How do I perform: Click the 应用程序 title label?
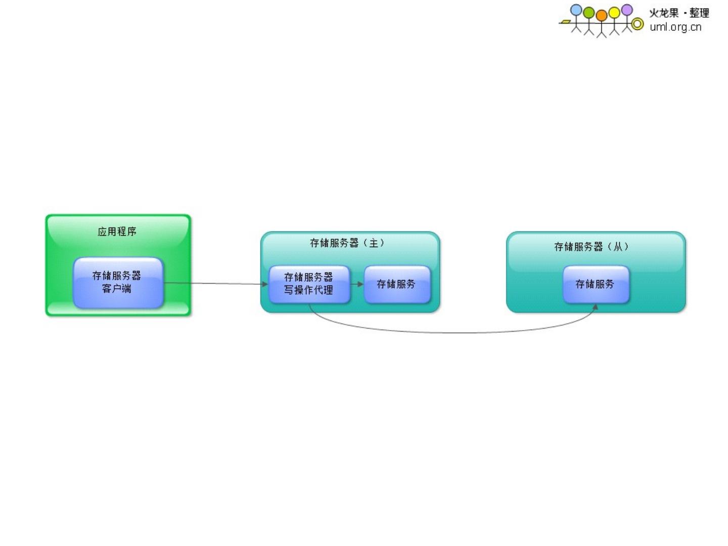click(117, 232)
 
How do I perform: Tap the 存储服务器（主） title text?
click(347, 243)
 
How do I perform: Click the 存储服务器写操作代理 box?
click(308, 284)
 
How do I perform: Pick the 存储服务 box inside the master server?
click(396, 284)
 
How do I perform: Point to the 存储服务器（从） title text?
click(591, 247)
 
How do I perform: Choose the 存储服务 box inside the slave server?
click(595, 284)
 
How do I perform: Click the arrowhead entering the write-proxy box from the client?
click(265, 284)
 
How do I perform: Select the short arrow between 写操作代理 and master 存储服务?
click(357, 284)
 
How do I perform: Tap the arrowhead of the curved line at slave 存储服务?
click(596, 306)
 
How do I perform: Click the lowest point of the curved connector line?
click(455, 333)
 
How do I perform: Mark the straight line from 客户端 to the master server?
click(212, 284)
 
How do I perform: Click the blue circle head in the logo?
click(576, 10)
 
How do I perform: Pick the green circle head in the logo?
click(589, 12)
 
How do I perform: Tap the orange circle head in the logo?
click(602, 15)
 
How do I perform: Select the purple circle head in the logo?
click(627, 10)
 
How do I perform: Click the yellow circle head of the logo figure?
click(614, 12)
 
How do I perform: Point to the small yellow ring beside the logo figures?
click(638, 23)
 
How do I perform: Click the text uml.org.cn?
click(675, 27)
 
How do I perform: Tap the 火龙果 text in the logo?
click(664, 13)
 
